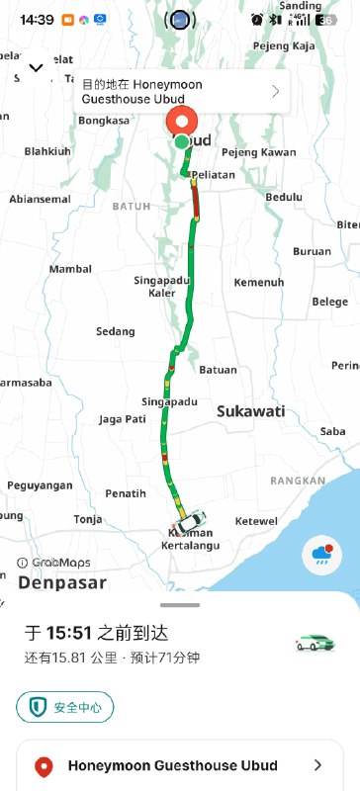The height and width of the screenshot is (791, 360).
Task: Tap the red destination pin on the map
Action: [181, 123]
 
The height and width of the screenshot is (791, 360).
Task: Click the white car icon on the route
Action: [190, 520]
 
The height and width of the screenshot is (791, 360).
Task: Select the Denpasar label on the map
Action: [61, 582]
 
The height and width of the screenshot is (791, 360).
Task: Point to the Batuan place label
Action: [219, 370]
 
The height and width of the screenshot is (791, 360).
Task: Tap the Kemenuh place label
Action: [258, 283]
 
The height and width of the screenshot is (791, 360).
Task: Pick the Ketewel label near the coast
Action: [256, 521]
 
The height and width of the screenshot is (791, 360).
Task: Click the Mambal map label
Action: [70, 269]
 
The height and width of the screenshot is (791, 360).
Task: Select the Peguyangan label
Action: [41, 485]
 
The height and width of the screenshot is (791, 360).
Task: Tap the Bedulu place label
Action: [284, 197]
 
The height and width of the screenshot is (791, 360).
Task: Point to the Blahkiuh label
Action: [47, 151]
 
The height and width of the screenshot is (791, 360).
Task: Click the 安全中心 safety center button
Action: [65, 707]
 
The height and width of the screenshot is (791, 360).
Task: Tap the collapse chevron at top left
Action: [36, 67]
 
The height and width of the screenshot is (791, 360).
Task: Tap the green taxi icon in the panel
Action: [315, 643]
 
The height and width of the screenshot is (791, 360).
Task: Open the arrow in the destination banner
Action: [275, 92]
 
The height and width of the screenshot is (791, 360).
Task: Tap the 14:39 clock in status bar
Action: [36, 20]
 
